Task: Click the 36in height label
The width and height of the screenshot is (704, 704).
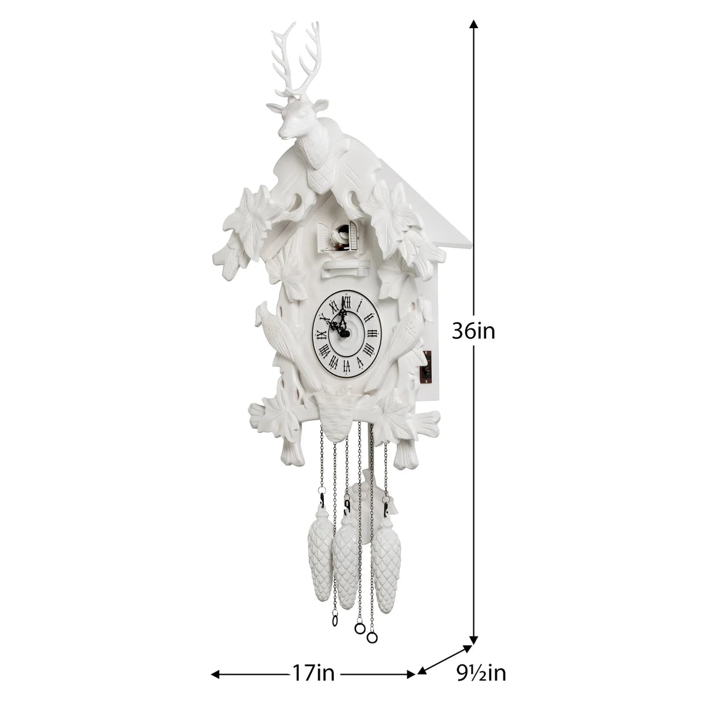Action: [473, 331]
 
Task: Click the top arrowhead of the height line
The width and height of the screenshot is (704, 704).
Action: [474, 23]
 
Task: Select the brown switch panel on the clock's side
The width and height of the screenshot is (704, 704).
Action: [429, 367]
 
